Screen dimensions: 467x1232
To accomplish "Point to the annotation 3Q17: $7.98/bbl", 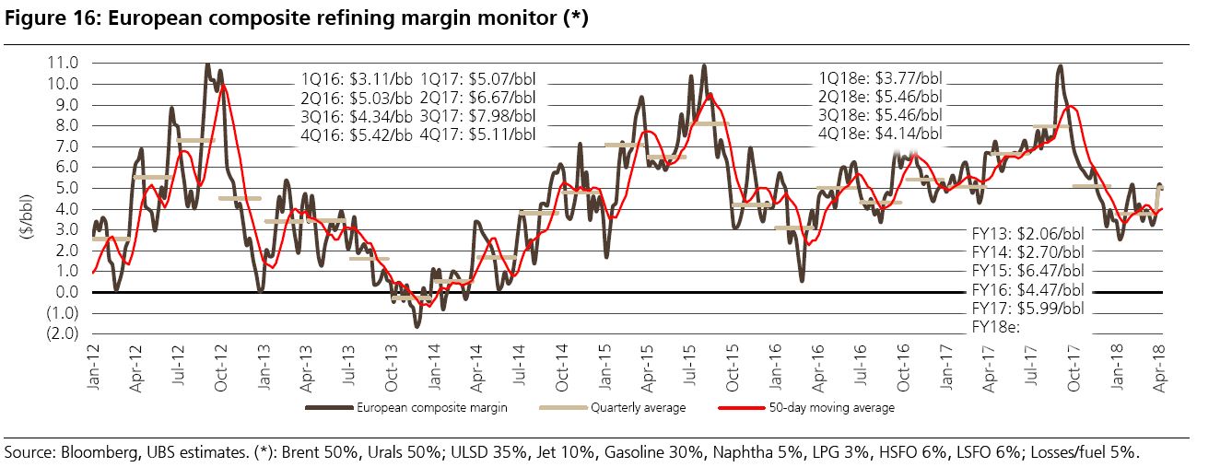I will pos(476,115).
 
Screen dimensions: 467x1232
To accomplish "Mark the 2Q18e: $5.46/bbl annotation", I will pos(880,96).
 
